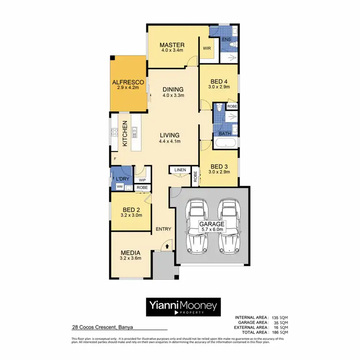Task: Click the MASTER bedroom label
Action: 172,45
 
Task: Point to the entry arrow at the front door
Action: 167,245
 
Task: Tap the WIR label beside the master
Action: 207,48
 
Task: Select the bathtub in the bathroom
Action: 226,143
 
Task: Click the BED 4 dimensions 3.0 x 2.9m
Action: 219,87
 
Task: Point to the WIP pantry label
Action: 142,180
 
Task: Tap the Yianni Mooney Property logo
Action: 181,306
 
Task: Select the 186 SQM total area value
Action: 280,332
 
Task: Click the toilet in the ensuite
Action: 232,45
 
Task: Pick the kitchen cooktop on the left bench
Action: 115,132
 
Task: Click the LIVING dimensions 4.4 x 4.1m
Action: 170,141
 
